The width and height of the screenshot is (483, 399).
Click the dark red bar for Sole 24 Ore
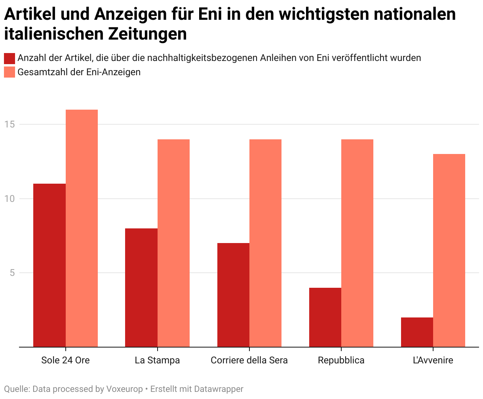click(x=49, y=265)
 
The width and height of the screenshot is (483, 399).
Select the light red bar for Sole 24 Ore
click(x=82, y=228)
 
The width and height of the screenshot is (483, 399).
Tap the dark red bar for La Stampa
click(x=141, y=288)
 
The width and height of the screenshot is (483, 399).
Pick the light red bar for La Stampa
click(x=173, y=243)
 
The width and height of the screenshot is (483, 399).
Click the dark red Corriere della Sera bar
click(x=233, y=295)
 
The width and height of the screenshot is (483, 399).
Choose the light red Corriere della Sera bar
click(x=265, y=243)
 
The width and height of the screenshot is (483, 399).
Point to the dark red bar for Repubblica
click(x=325, y=317)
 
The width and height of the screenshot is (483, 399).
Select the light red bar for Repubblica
click(x=357, y=243)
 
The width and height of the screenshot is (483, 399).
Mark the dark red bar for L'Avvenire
click(x=417, y=332)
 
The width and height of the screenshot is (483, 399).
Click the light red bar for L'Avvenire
click(x=449, y=251)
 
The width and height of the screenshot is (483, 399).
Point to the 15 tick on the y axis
click(x=10, y=124)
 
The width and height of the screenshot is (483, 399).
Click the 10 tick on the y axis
click(x=10, y=199)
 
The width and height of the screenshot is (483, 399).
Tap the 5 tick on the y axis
click(x=12, y=273)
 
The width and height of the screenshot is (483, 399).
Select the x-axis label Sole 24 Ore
click(x=65, y=360)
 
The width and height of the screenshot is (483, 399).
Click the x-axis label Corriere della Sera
click(x=249, y=360)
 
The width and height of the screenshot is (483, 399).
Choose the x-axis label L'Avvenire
click(x=433, y=360)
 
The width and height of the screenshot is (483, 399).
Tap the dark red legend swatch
click(x=10, y=58)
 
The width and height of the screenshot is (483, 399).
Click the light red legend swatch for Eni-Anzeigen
click(x=10, y=72)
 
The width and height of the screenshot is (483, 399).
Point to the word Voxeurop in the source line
click(x=124, y=389)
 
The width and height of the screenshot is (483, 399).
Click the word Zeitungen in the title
click(x=148, y=34)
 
